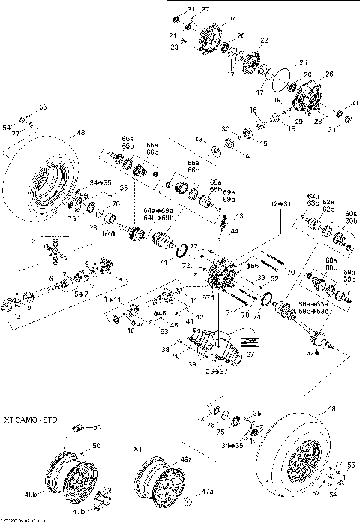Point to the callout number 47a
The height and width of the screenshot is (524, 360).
[208, 491]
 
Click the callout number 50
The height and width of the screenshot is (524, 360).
[96, 446]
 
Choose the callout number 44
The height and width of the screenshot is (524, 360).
[234, 230]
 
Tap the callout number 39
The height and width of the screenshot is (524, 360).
[191, 363]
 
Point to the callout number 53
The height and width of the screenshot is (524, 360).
[164, 330]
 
